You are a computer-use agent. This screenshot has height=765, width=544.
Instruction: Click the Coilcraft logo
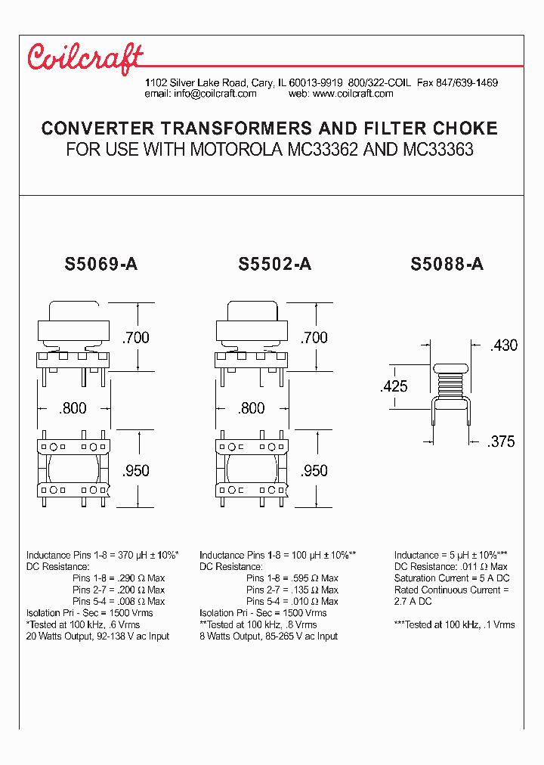click(85, 58)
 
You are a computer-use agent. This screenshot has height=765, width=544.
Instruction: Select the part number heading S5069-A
click(101, 265)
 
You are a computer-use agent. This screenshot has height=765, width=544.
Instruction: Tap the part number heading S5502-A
click(274, 265)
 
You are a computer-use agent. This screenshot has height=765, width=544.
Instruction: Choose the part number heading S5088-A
click(447, 265)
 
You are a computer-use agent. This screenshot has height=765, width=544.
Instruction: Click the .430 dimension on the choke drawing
click(503, 345)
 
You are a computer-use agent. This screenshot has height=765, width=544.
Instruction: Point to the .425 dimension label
click(393, 386)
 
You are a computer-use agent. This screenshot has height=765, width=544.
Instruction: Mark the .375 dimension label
click(500, 441)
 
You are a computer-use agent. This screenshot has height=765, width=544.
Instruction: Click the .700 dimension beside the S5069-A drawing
click(136, 337)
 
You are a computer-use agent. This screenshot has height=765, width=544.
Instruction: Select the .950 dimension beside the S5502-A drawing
click(314, 470)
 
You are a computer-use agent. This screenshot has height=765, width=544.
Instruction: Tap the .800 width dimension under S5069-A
click(73, 408)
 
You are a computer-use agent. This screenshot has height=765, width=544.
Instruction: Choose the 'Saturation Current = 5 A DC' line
click(450, 578)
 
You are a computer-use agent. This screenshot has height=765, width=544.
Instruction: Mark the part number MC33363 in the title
click(439, 149)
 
